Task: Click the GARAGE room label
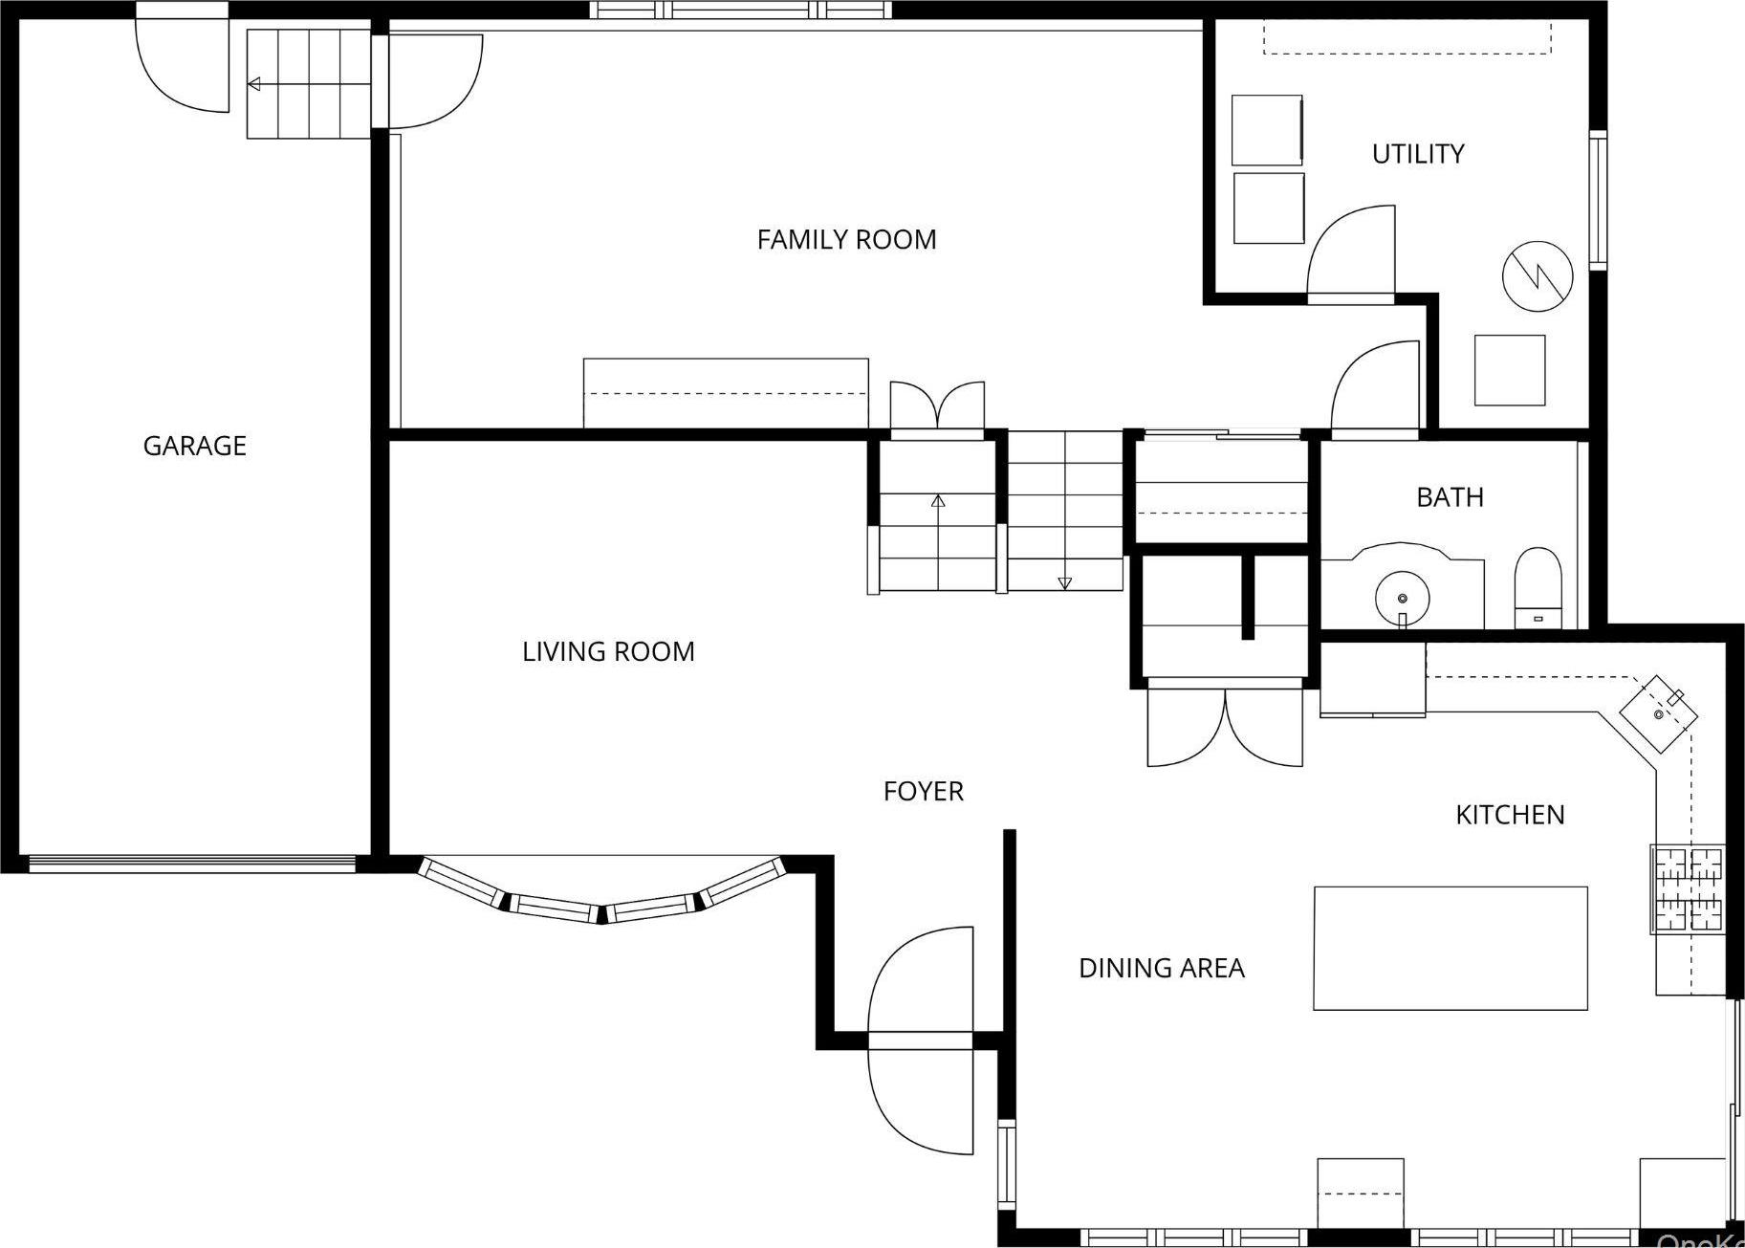[x=194, y=446]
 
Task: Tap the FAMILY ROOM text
[x=846, y=239]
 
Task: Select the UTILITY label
[x=1417, y=154]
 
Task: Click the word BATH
[x=1450, y=497]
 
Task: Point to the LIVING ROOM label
[x=608, y=651]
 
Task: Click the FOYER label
[x=923, y=791]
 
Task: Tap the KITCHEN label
[x=1510, y=815]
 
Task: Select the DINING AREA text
[x=1161, y=968]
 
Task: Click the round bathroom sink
[x=1402, y=599]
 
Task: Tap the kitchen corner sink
[x=1658, y=712]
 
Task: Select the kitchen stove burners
[x=1689, y=889]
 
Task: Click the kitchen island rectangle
[x=1450, y=948]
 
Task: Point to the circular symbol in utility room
[x=1537, y=275]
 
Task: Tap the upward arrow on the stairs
[x=938, y=500]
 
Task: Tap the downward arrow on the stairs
[x=1064, y=582]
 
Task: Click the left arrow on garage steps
[x=254, y=84]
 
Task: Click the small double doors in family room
[x=937, y=406]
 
